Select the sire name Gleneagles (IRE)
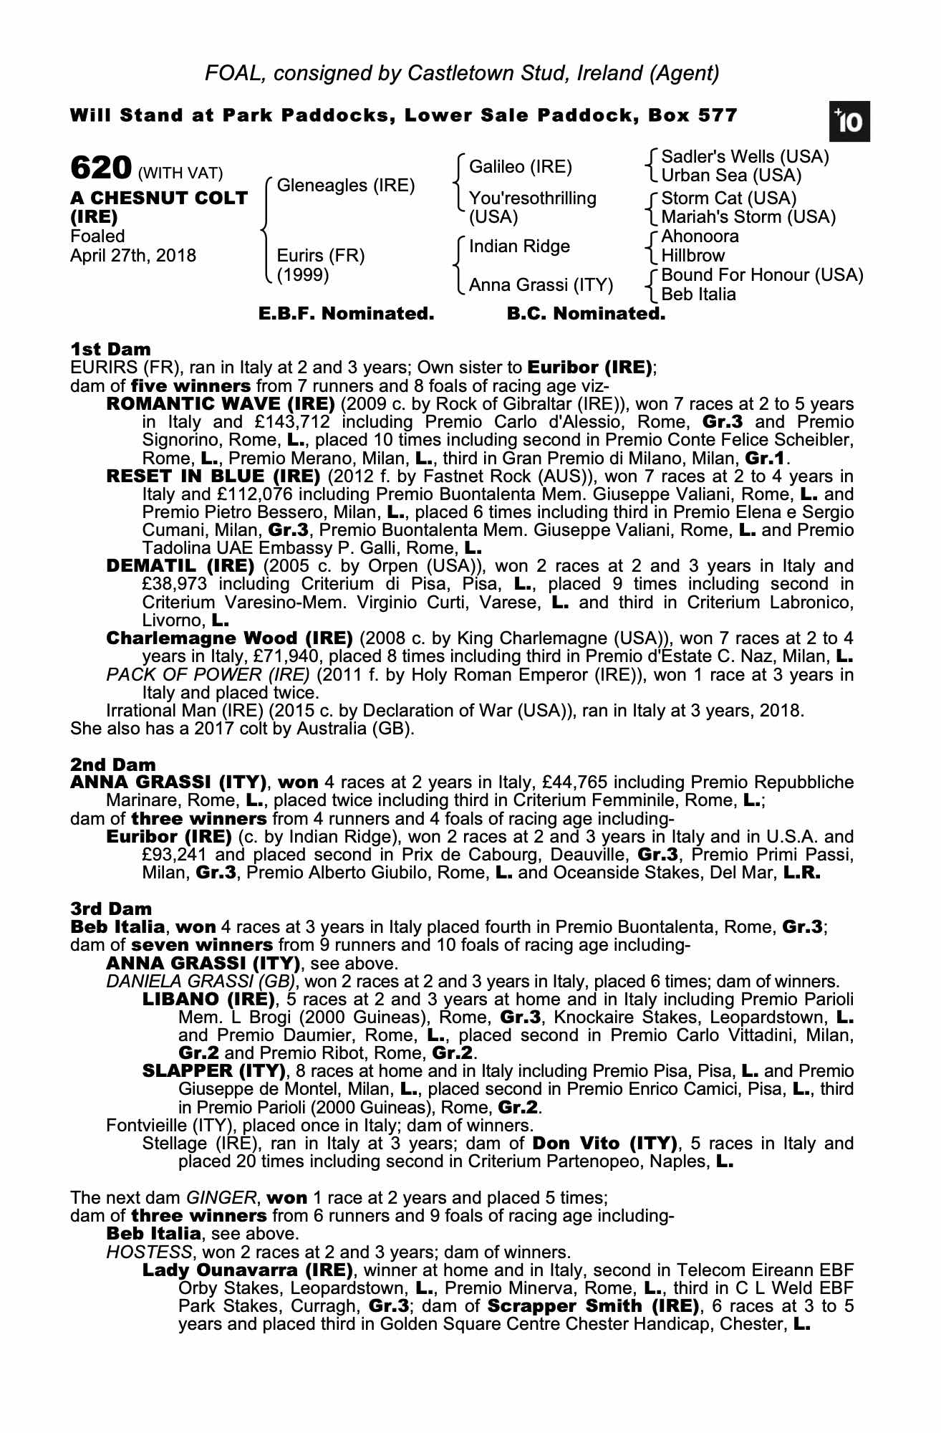click(x=346, y=186)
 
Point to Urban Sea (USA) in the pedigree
click(x=731, y=176)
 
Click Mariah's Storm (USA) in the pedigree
click(x=748, y=216)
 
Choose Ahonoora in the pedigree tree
click(x=700, y=236)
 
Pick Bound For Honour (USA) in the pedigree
click(x=762, y=275)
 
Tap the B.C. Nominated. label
click(x=586, y=313)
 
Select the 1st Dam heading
click(x=110, y=350)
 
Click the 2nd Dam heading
click(x=112, y=765)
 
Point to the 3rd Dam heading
click(x=112, y=909)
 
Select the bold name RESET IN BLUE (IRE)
click(x=213, y=476)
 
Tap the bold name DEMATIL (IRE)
click(x=180, y=566)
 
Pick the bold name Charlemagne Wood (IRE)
click(x=229, y=638)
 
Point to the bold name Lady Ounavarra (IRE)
click(x=248, y=1270)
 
